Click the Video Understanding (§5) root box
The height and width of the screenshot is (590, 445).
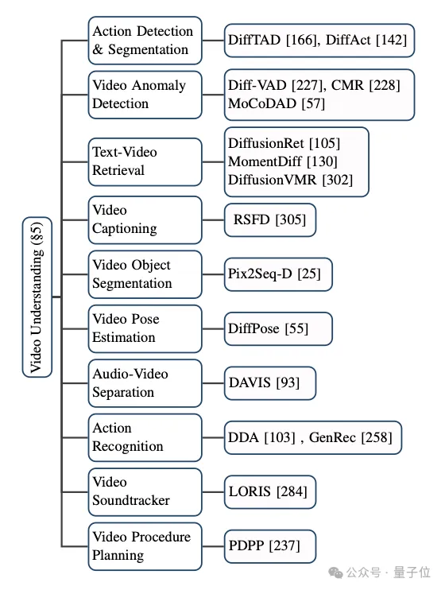37,297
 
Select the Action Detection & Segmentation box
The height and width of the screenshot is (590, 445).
145,41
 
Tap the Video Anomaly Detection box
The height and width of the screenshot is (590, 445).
145,95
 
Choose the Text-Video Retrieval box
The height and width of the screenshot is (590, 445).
145,161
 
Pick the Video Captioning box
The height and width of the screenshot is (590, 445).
145,219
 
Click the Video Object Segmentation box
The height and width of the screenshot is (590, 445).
145,274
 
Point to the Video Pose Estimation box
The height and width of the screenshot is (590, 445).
145,328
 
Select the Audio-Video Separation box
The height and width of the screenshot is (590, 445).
145,383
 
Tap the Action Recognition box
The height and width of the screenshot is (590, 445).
145,437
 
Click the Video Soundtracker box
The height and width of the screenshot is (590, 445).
145,491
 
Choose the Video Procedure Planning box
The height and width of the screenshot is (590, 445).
145,546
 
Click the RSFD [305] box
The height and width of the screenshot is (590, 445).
270,219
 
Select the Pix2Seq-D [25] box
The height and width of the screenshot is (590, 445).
278,274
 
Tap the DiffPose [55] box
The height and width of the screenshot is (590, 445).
278,328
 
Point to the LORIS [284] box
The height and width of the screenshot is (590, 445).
270,491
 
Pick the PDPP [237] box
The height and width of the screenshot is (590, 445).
270,546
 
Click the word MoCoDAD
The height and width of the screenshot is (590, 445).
262,103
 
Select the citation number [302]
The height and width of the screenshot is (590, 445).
338,180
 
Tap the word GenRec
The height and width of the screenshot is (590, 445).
332,437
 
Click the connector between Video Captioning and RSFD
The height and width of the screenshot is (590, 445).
213,219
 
